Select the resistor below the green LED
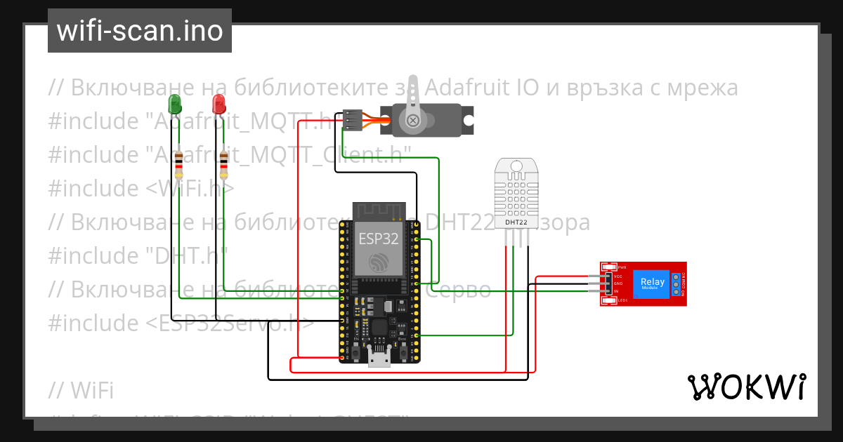[x=178, y=165]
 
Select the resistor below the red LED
[x=224, y=165]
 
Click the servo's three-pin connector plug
[x=353, y=120]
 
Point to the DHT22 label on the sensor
[x=516, y=222]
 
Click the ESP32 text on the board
[x=379, y=239]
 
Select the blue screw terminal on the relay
[x=676, y=283]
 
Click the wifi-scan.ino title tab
[x=140, y=32]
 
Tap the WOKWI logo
[x=746, y=387]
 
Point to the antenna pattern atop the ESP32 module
[x=379, y=210]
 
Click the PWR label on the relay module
[x=622, y=267]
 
